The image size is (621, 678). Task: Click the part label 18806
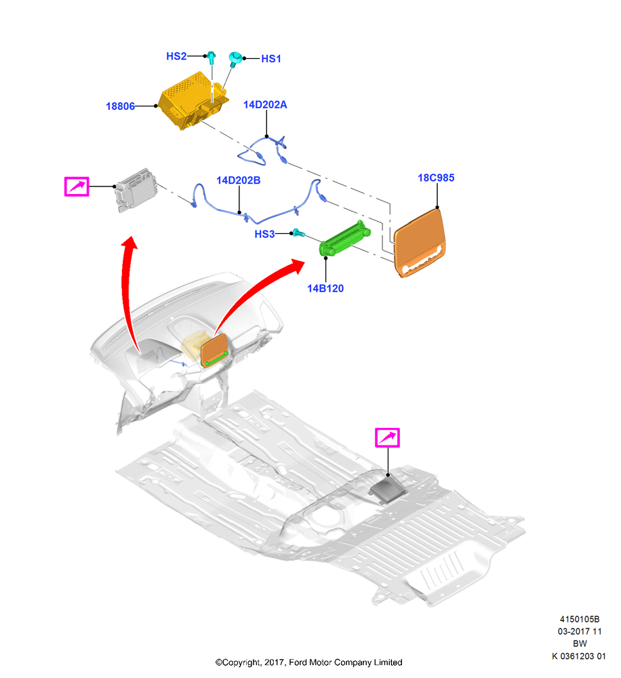[120, 106]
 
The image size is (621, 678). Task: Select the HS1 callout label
[271, 59]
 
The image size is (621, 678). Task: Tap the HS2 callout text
[176, 56]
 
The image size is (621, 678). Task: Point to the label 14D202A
[265, 104]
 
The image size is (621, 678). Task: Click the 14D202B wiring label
[238, 180]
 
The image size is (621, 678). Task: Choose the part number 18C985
[436, 178]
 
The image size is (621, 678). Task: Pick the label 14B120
[325, 288]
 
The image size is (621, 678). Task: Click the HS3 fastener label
[264, 234]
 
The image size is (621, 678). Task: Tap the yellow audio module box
[193, 101]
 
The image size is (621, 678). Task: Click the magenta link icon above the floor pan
[387, 437]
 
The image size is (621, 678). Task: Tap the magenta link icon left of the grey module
[77, 186]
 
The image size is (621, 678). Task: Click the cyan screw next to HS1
[235, 58]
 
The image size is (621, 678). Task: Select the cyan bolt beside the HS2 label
[212, 57]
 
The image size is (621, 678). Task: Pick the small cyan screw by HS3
[298, 233]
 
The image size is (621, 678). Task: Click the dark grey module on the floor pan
[388, 491]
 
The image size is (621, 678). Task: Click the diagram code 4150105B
[580, 619]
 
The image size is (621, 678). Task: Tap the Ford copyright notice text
[308, 662]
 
